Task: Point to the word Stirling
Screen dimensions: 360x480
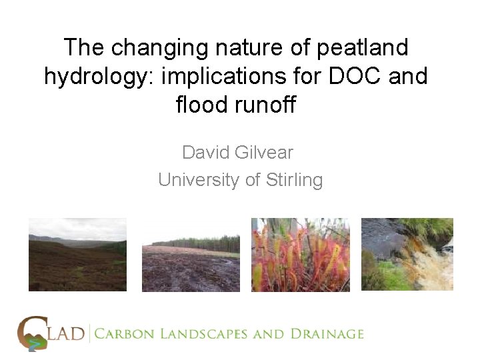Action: [291, 180]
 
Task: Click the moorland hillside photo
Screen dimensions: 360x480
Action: [77, 255]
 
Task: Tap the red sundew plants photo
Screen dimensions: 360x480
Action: [300, 255]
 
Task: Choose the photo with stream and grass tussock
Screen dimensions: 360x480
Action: [407, 255]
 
